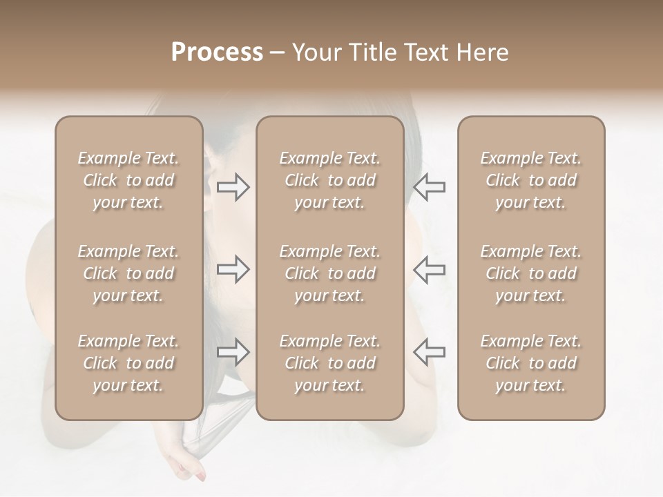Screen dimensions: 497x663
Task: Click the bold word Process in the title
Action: [x=217, y=52]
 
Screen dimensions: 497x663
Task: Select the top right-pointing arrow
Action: [x=233, y=187]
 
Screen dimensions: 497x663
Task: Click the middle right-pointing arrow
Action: [x=233, y=269]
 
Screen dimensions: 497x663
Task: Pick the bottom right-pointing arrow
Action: [x=233, y=352]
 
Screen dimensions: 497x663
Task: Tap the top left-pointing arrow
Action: [x=429, y=187]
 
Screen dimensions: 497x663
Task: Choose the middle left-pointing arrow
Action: [x=429, y=269]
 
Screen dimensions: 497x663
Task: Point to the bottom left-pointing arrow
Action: [x=429, y=352]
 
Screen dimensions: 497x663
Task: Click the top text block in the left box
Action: [x=128, y=180]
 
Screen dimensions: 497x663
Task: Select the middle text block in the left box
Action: [x=128, y=273]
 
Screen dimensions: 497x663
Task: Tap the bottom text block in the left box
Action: [x=128, y=363]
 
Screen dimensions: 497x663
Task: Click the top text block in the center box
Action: [x=330, y=180]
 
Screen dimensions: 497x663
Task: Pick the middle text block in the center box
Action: [x=330, y=273]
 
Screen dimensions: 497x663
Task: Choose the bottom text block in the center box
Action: [x=330, y=363]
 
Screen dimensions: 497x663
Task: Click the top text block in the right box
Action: [x=531, y=180]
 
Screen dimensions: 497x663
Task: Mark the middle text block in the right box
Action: [x=531, y=273]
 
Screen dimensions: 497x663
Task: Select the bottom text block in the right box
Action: [x=531, y=363]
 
